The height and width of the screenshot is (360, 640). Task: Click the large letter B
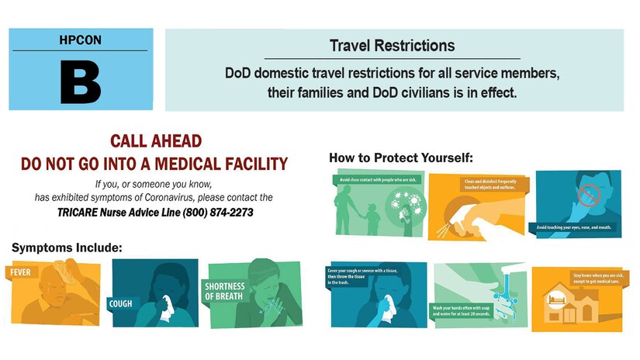[81, 81]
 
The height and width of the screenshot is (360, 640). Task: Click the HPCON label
[81, 39]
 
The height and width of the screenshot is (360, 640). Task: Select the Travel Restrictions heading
[392, 46]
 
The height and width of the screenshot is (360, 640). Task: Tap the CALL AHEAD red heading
[156, 141]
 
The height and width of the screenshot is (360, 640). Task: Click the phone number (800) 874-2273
[218, 212]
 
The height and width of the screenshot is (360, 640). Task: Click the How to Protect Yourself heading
[400, 157]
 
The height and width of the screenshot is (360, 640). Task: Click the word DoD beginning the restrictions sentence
[238, 74]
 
